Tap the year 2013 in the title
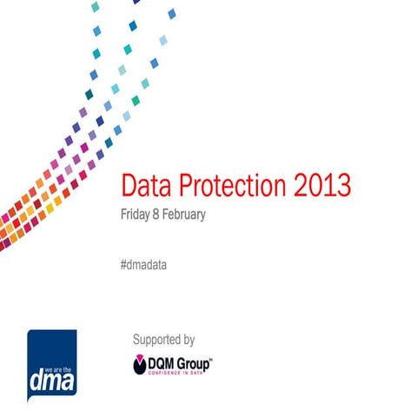coord(321,186)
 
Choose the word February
coord(185,215)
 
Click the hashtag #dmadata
coord(143,263)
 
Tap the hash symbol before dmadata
coord(123,263)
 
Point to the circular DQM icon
coord(141,364)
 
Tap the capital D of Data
coord(128,186)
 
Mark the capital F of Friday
coord(122,215)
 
